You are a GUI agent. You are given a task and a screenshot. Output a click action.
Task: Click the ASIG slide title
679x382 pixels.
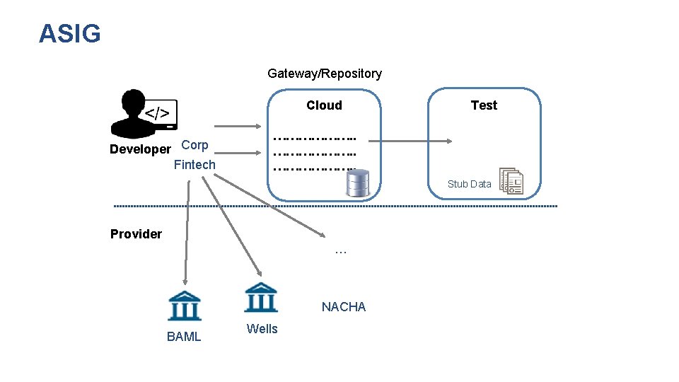coord(70,33)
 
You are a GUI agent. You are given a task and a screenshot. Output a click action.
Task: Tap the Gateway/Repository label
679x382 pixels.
coord(325,74)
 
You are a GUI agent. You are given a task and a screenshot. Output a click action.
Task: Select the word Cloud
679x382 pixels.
coord(324,105)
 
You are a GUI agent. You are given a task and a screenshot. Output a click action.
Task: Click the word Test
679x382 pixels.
coord(484,105)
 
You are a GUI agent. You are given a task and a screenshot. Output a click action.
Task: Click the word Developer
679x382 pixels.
coord(140,149)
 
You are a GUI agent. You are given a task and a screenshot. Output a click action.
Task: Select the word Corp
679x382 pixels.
coord(195,145)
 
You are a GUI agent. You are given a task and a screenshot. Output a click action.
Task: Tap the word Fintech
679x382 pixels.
coord(195,165)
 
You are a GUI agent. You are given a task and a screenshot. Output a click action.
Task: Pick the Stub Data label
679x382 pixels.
coord(469,184)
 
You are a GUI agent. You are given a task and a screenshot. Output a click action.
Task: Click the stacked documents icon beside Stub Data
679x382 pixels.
coord(511,181)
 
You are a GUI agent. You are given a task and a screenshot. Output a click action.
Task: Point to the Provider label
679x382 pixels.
coord(136,234)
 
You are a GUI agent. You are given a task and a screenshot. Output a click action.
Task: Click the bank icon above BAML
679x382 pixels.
coord(185,306)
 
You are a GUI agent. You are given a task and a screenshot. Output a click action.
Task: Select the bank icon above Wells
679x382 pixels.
coord(261,297)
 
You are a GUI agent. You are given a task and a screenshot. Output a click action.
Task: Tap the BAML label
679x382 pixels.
coord(184,337)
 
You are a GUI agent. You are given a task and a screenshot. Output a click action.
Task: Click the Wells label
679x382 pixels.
coord(262,329)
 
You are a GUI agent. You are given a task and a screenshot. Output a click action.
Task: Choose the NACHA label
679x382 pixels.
coord(344,307)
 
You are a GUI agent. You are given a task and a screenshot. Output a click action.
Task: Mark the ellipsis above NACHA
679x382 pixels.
coord(340,251)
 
